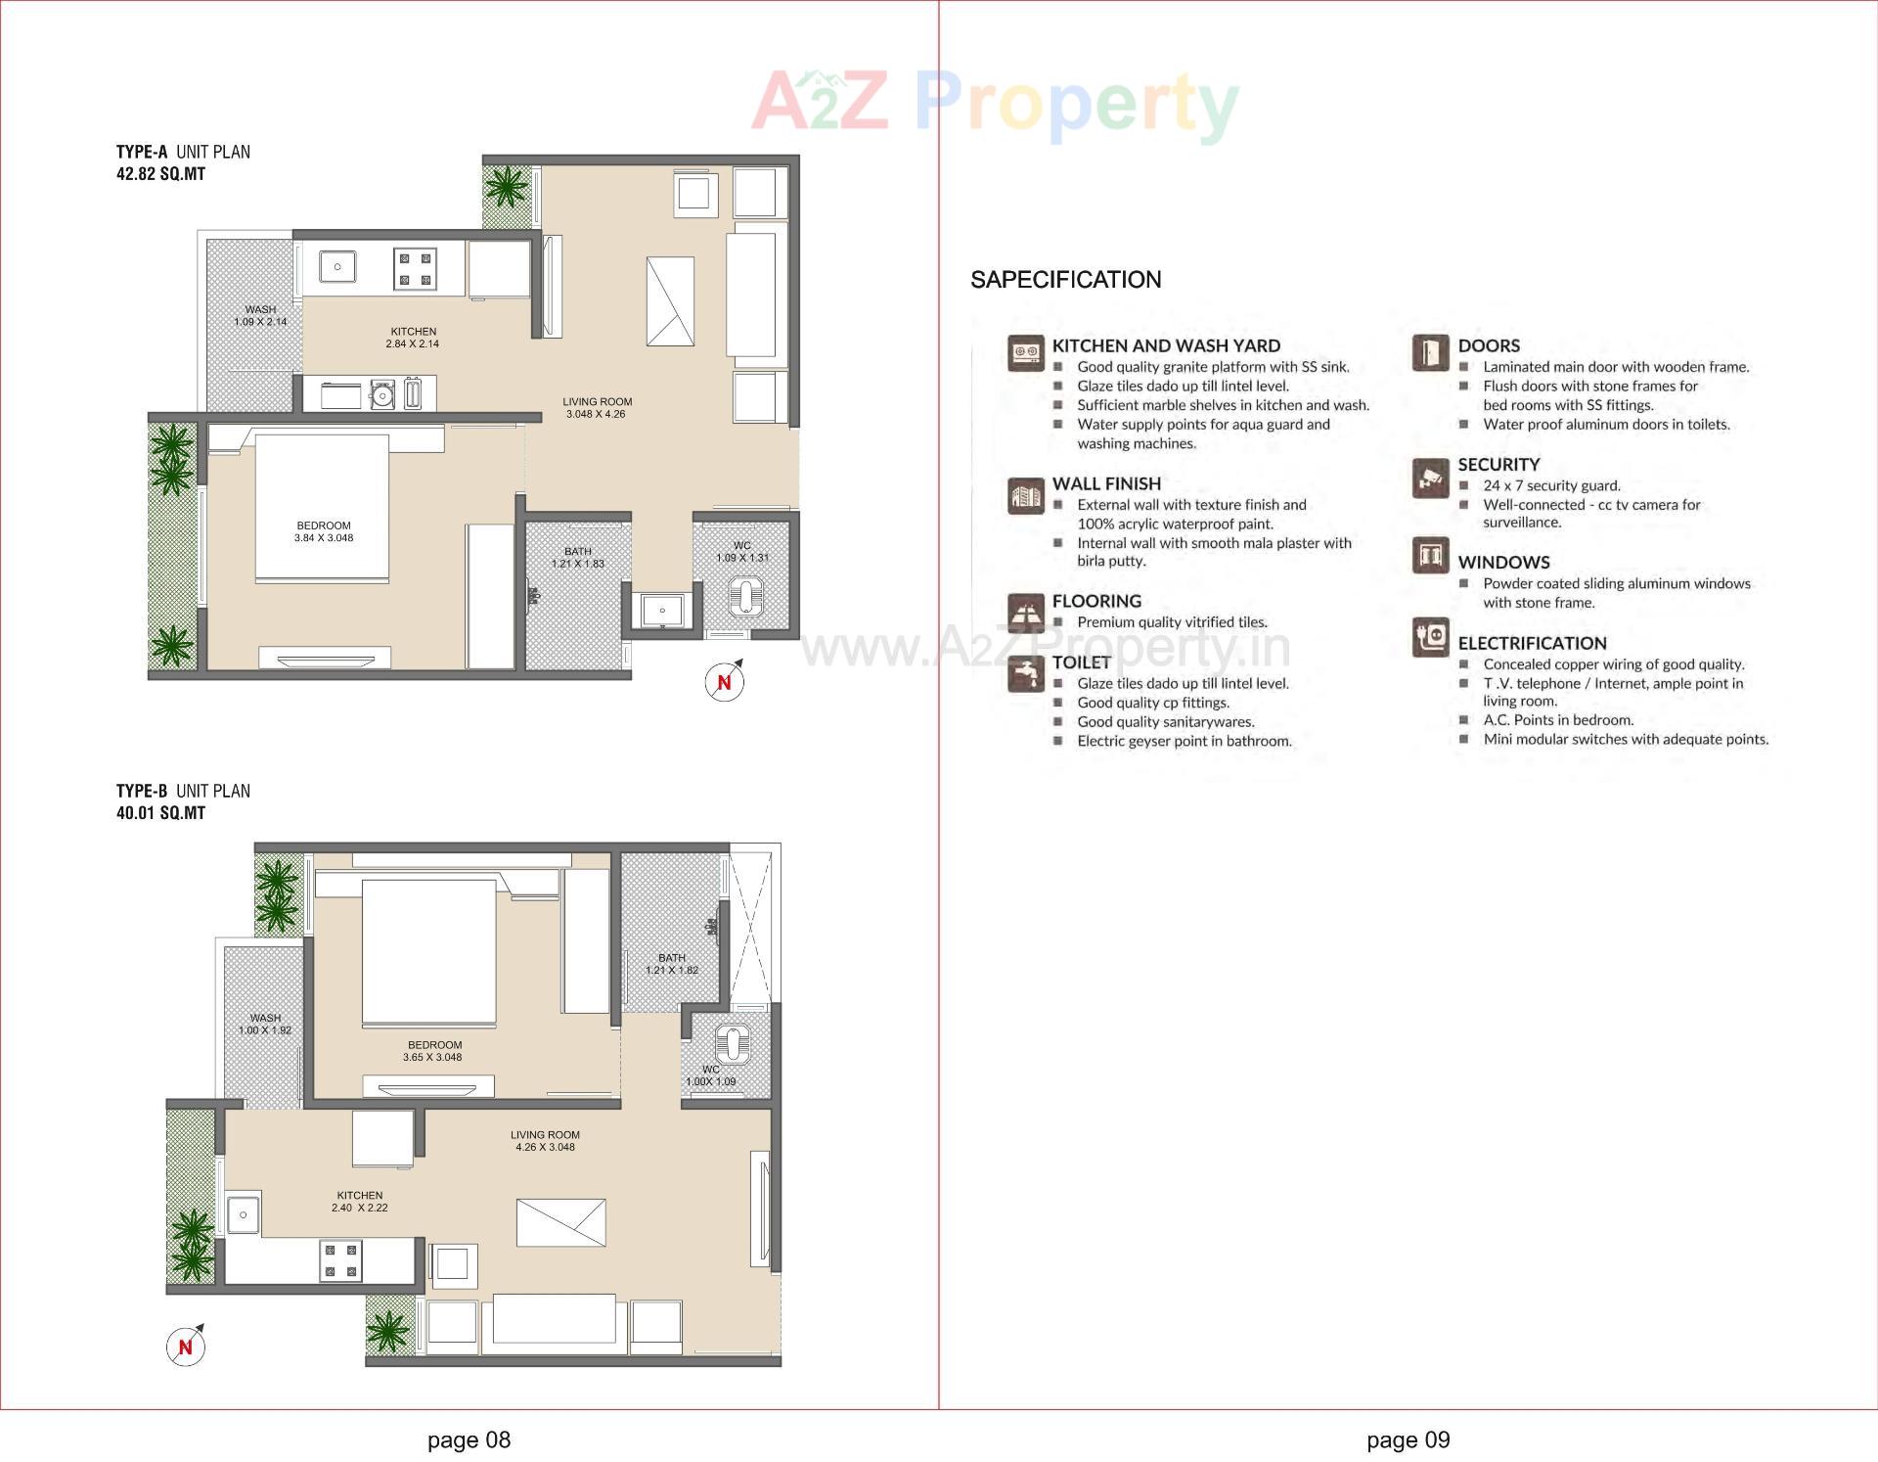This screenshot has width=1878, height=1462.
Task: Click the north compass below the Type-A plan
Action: point(724,682)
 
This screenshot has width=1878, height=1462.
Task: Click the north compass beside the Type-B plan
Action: point(185,1347)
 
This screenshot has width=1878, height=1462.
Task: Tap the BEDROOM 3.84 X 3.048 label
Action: point(324,531)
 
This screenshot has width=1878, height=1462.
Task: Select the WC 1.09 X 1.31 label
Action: point(742,552)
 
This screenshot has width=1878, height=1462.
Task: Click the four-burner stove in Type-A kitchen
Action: point(415,269)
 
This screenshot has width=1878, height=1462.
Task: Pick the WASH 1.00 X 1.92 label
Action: point(265,1024)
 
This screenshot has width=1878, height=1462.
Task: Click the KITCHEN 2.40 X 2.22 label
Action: point(360,1201)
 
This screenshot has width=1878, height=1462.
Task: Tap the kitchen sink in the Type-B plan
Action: point(244,1214)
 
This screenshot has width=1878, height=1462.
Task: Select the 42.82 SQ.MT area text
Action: point(160,174)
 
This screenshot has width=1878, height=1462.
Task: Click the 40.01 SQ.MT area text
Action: point(160,813)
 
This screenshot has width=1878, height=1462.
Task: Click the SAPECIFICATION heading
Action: point(1065,280)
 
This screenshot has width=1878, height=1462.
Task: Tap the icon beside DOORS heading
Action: point(1430,353)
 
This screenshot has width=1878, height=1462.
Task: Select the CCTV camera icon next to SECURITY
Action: point(1430,478)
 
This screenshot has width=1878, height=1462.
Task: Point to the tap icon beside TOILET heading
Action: point(1026,674)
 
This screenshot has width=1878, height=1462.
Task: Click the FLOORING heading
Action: point(1096,601)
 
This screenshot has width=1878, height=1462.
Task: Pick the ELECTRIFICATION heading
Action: point(1532,643)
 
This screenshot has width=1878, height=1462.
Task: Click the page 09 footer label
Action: point(1408,1439)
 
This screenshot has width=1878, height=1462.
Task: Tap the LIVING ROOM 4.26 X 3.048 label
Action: point(545,1141)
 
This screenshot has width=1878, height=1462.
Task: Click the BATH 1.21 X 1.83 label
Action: point(577,558)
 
